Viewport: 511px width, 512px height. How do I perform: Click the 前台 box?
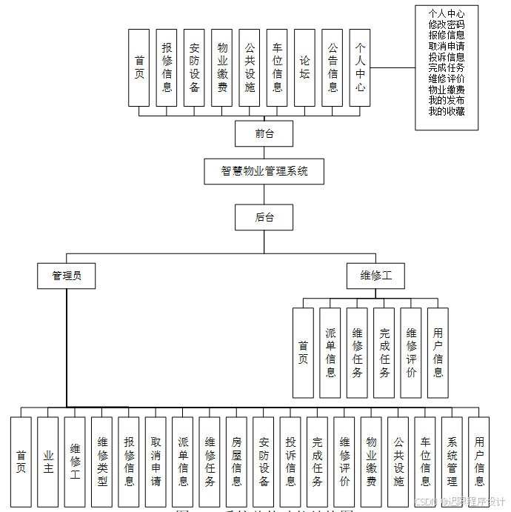click(x=264, y=134)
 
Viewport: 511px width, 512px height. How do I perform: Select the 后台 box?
click(x=264, y=217)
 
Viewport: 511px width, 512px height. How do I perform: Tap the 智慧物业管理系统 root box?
click(x=264, y=171)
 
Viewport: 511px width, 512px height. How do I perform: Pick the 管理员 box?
click(x=67, y=276)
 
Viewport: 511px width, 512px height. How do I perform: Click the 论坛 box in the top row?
click(x=304, y=67)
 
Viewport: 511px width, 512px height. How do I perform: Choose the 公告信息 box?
click(x=333, y=67)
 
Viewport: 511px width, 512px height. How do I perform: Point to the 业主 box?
click(x=48, y=461)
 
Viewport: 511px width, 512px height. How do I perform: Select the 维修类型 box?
click(x=102, y=461)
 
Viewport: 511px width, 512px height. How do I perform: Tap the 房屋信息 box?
click(x=237, y=461)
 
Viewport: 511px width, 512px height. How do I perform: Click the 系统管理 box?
click(x=452, y=461)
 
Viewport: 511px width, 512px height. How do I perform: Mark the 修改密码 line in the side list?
click(x=447, y=24)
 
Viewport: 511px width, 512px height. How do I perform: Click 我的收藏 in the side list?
click(x=447, y=111)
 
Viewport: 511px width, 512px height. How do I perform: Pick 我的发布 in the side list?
click(x=447, y=100)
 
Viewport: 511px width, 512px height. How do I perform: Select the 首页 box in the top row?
click(x=139, y=67)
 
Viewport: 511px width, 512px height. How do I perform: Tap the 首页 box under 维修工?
click(x=303, y=353)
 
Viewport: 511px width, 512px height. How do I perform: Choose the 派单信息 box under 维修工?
click(x=330, y=353)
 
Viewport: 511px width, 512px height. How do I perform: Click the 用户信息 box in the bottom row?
click(x=479, y=461)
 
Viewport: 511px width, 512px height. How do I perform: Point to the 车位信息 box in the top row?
click(x=277, y=67)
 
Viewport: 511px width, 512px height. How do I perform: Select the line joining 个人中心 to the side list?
click(x=393, y=67)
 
